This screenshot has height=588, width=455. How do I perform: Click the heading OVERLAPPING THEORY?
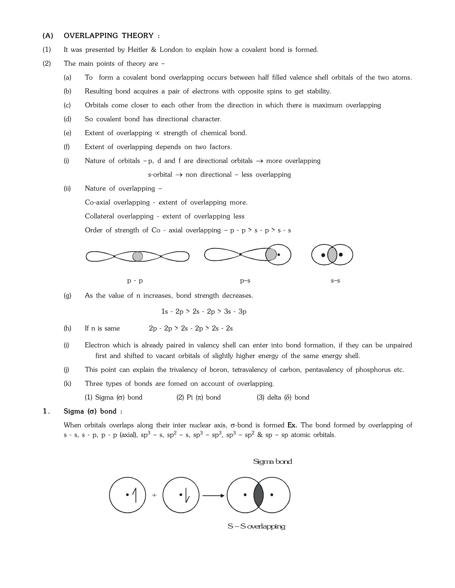tap(109, 36)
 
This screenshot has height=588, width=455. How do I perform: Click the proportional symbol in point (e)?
tap(158, 133)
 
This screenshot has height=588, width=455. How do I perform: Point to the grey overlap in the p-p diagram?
tap(138, 256)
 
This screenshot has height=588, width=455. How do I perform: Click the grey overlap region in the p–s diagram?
tap(271, 254)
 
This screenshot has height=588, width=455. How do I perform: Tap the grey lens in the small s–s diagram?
tap(332, 255)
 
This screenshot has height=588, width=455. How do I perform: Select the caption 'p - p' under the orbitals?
tap(135, 281)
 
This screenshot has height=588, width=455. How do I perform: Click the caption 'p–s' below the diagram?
tap(245, 281)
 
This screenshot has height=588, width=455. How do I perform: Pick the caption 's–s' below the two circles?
tap(335, 281)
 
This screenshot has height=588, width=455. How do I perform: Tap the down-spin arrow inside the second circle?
tap(187, 497)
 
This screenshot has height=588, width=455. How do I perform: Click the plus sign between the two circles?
tap(154, 495)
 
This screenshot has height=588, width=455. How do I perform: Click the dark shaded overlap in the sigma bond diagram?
tap(259, 495)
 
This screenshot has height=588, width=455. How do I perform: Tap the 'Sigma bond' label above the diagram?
tap(272, 462)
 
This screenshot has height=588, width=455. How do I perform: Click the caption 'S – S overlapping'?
tap(256, 526)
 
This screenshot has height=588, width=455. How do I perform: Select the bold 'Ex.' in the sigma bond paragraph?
tap(292, 425)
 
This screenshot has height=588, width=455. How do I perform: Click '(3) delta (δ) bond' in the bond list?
tap(283, 397)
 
